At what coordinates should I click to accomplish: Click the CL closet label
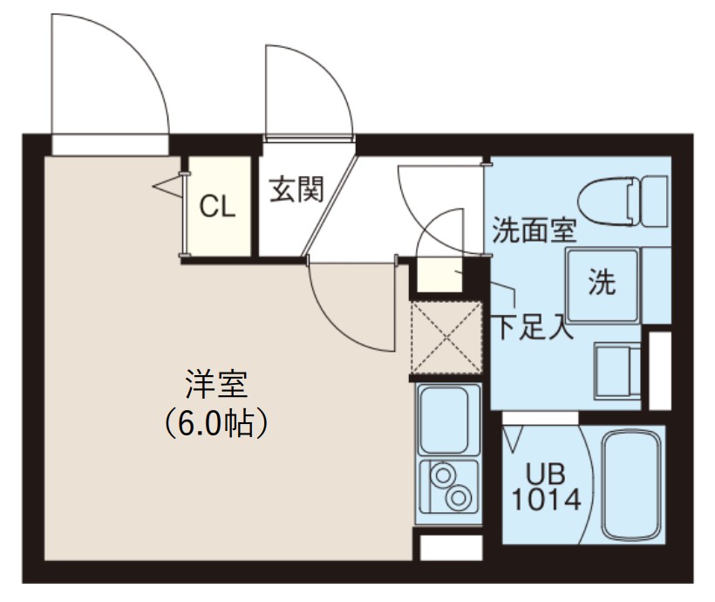coord(217,207)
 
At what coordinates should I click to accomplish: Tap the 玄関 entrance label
coord(296,188)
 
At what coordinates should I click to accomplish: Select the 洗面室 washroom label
coord(534,230)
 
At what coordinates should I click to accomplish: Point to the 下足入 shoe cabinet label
coord(533,329)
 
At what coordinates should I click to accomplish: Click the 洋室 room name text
coord(214,385)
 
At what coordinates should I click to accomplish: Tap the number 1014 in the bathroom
coord(546,500)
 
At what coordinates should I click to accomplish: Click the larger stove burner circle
coord(458,498)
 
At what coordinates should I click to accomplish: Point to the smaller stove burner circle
coord(442,475)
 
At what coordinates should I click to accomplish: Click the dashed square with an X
coord(446,336)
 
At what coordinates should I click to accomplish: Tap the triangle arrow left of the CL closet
coord(163,186)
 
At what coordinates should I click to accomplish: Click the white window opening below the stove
coord(451,547)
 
